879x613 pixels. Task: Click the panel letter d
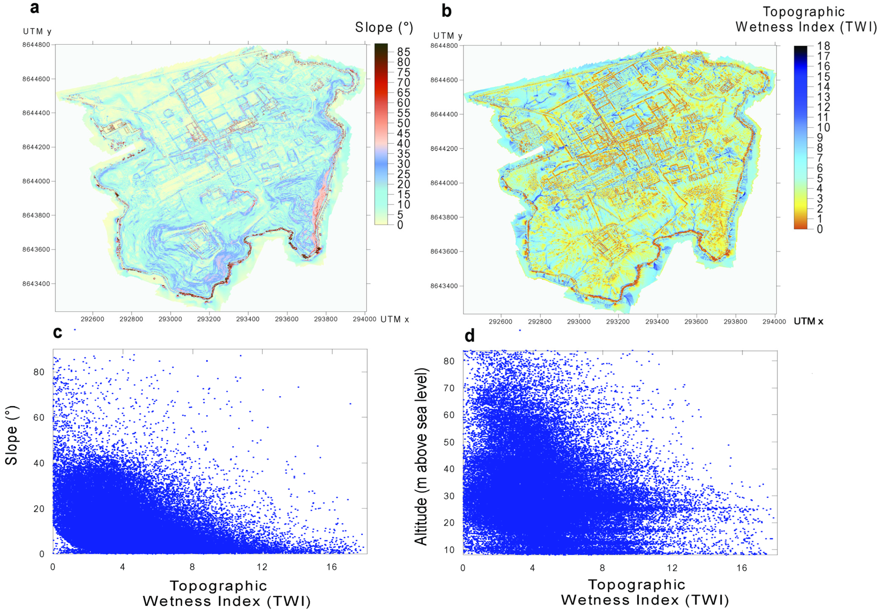(x=469, y=336)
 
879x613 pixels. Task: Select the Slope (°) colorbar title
(x=384, y=28)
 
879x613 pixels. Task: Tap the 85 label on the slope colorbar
(x=403, y=52)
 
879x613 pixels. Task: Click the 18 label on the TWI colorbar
(x=824, y=46)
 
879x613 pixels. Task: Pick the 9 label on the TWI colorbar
(x=820, y=138)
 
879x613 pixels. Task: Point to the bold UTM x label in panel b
(x=808, y=321)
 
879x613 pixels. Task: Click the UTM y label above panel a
(x=37, y=31)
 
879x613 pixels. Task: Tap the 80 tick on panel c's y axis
(x=38, y=372)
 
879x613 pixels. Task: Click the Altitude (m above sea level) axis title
(x=421, y=456)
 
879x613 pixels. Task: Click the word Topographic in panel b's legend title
(x=804, y=12)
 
